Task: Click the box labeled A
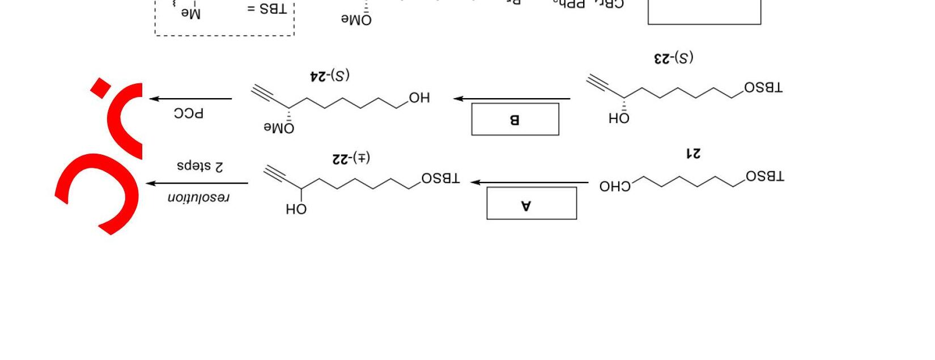tap(532, 203)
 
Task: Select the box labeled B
tap(515, 119)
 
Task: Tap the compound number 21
tap(693, 153)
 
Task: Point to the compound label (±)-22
tap(351, 158)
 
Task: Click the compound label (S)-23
tap(674, 58)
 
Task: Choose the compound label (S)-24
tap(330, 75)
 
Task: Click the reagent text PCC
tap(189, 113)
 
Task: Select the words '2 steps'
tap(200, 166)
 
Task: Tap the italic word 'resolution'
tap(199, 197)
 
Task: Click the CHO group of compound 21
tap(615, 186)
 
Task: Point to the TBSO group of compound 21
tap(765, 176)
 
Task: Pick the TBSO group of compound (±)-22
tap(441, 179)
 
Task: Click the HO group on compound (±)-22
tap(296, 209)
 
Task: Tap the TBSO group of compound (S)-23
tap(763, 88)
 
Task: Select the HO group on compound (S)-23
tap(619, 118)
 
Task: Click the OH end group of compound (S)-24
tap(419, 98)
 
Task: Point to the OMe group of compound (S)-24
tap(279, 128)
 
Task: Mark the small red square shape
tap(101, 88)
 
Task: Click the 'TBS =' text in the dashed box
tap(267, 10)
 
